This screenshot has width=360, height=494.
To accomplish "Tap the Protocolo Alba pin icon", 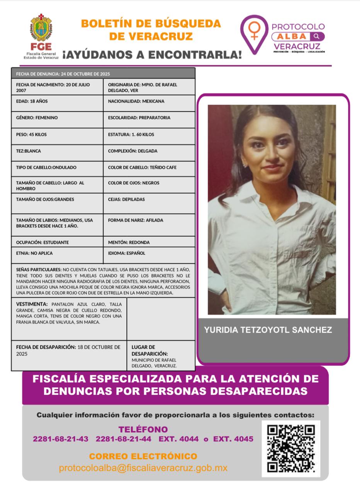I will coord(254,34).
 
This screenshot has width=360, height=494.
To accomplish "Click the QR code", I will coord(291,448).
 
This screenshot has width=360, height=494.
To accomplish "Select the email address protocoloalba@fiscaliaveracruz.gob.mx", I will coord(143,468).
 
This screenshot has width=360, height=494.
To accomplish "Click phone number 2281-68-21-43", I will coord(61,439).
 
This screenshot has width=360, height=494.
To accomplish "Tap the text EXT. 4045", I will coord(233,439).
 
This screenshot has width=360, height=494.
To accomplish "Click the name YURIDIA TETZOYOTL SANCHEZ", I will coord(268,330).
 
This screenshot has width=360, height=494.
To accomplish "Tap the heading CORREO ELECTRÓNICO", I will coord(143,457).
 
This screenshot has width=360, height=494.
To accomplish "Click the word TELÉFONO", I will coord(143,429).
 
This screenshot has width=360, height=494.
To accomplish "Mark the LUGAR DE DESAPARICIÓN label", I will coord(149,350).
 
